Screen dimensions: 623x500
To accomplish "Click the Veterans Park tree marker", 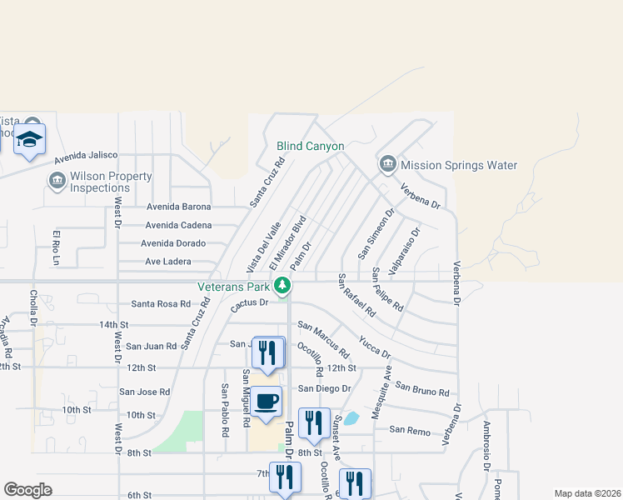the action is point(283,286).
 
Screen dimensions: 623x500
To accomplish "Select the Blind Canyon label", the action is point(310,146).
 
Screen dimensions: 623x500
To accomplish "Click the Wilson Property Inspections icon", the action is point(57,181).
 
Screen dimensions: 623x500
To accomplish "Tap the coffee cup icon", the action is point(267,402).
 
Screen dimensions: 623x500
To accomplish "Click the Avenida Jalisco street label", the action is point(86,157).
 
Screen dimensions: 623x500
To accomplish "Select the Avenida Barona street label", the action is point(179,207).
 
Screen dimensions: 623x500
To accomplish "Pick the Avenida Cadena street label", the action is point(178,225).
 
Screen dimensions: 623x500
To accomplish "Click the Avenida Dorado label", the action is point(175,244).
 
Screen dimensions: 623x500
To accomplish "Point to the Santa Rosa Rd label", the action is point(160,304).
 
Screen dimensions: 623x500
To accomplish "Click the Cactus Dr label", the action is point(249,306).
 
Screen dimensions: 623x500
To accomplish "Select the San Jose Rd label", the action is point(144,392).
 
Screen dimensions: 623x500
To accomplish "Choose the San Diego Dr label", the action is point(325,388).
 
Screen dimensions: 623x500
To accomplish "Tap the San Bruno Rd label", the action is point(422,388).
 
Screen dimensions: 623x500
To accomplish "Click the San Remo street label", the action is point(409,430).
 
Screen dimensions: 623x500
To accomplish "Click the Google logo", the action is point(27,490).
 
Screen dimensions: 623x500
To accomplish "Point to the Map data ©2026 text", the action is point(586,493).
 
